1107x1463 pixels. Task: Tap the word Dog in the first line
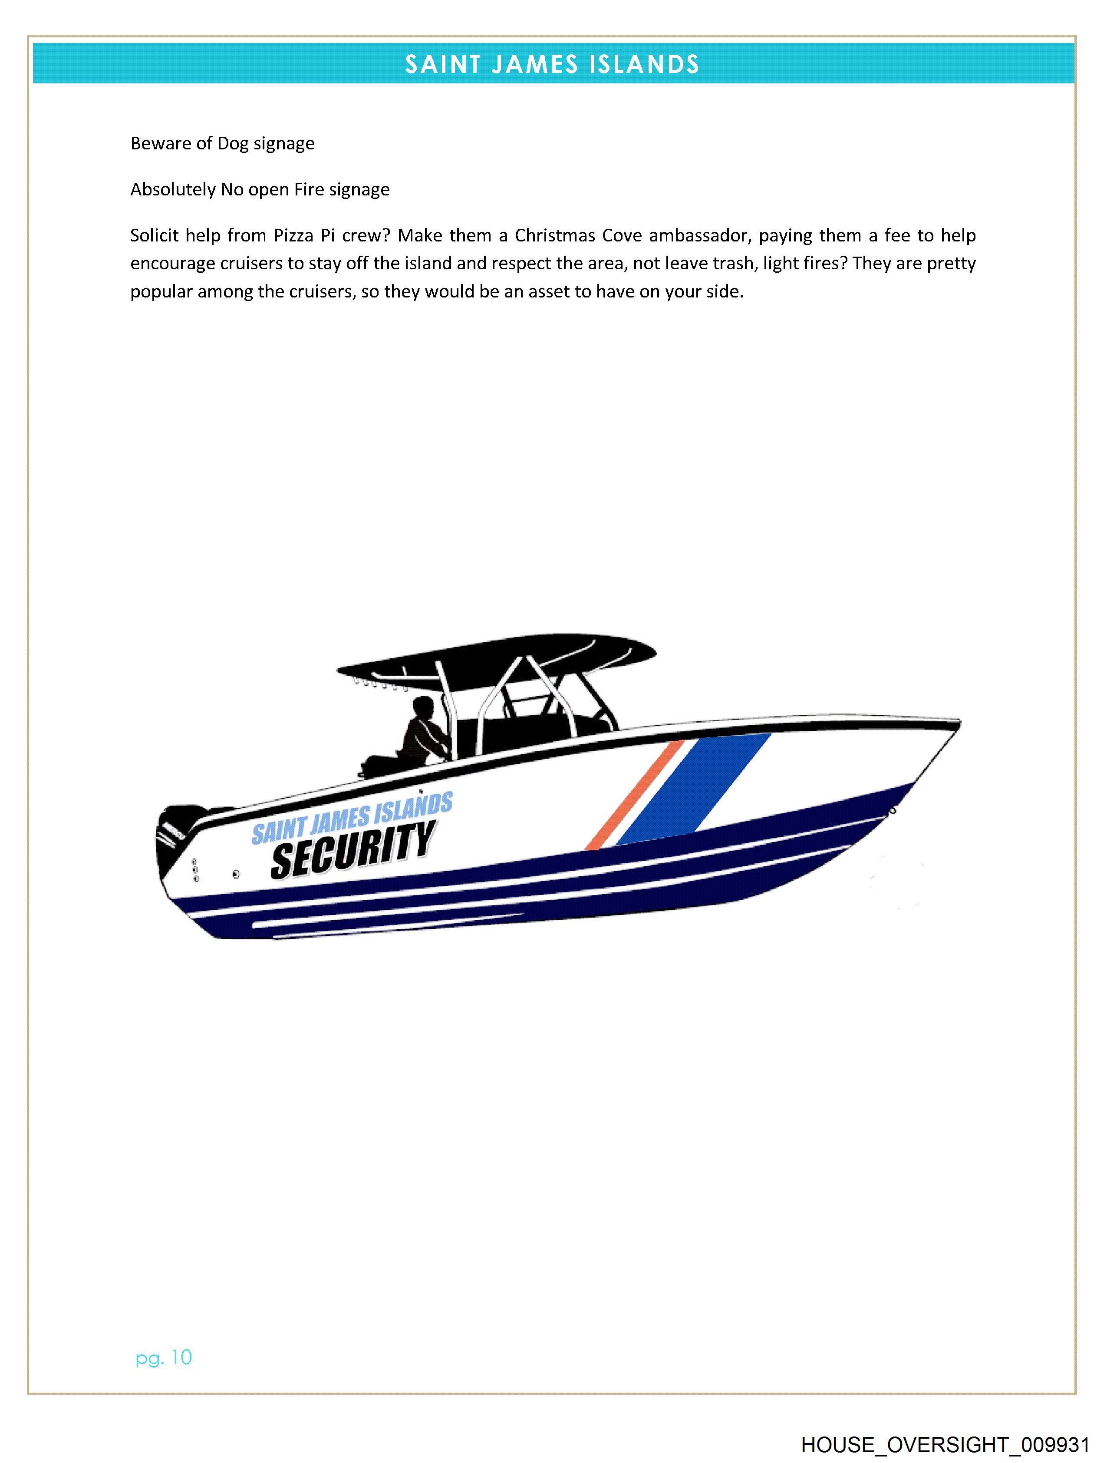pyautogui.click(x=233, y=144)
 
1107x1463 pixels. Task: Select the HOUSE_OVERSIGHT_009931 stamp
pyautogui.click(x=945, y=1444)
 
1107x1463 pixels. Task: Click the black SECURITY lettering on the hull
pyautogui.click(x=353, y=850)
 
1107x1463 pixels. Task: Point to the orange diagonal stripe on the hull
pyautogui.click(x=635, y=794)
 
